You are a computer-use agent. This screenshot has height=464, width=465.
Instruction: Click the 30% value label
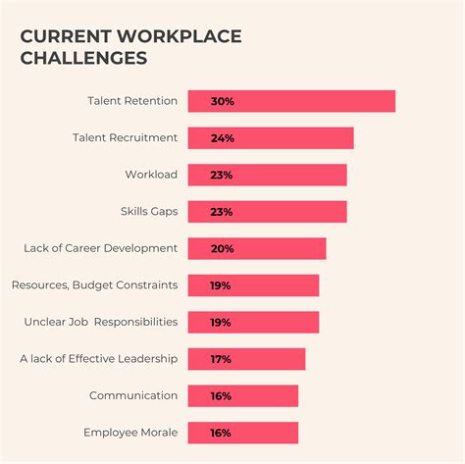point(222,101)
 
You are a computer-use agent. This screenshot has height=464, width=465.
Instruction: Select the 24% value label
point(222,138)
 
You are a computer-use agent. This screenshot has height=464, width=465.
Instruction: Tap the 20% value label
point(222,248)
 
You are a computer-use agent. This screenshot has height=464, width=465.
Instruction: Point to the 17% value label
point(221,359)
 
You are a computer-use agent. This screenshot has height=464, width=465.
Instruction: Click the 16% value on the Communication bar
point(221,396)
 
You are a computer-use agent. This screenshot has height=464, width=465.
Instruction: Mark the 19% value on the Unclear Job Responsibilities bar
point(221,323)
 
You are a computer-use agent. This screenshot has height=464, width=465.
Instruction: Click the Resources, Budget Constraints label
point(94,285)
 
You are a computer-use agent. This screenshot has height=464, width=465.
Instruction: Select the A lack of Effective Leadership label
point(98,359)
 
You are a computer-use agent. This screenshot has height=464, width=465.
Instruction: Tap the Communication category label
point(133,396)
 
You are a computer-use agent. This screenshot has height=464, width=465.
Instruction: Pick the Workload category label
point(151,175)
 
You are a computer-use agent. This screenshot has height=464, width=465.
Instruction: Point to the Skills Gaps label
point(148,212)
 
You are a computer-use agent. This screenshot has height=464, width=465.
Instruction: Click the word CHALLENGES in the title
point(84,58)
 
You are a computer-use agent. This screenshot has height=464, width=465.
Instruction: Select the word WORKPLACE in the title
point(178,36)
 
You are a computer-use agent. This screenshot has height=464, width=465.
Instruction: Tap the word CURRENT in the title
point(64,36)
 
